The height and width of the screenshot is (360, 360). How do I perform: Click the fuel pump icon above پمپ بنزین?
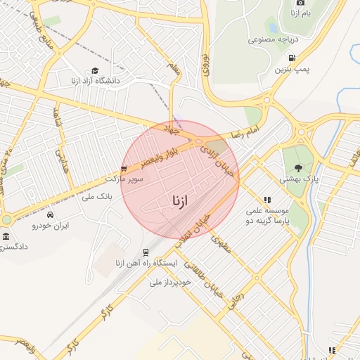[291, 58]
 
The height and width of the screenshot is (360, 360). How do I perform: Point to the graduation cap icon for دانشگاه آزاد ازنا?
[95, 70]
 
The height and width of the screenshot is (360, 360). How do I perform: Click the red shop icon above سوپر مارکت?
[124, 169]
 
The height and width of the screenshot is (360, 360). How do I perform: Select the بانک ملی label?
[97, 197]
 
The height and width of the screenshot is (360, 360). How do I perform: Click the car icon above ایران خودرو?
[50, 214]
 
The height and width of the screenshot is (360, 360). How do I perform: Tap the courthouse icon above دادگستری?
[6, 236]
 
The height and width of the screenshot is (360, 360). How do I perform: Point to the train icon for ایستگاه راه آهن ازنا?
[146, 252]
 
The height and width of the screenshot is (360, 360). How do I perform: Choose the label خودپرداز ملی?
[166, 281]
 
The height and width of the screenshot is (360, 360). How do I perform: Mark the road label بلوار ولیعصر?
[149, 158]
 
